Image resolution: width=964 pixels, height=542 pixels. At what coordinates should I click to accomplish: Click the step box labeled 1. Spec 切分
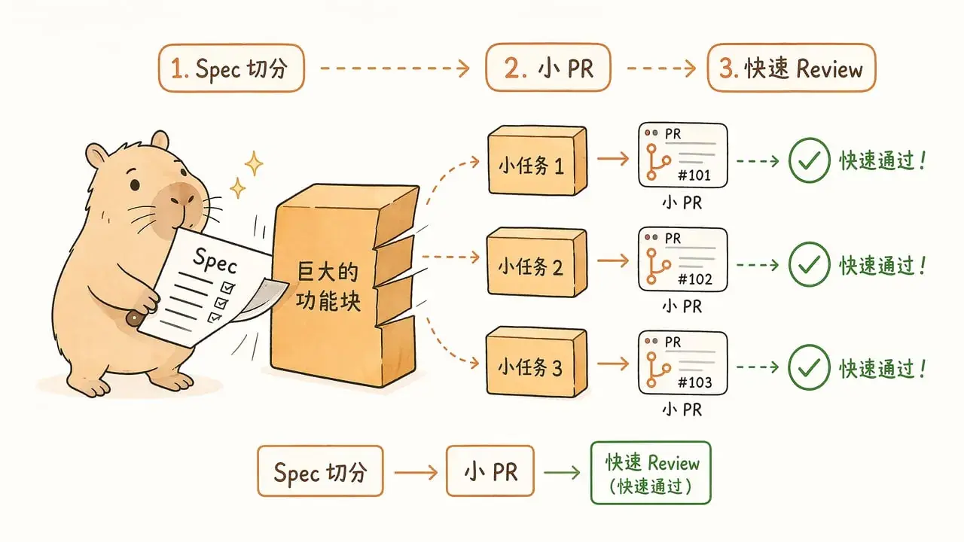tap(231, 68)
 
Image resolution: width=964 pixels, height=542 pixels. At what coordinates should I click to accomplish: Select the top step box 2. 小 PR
tap(548, 68)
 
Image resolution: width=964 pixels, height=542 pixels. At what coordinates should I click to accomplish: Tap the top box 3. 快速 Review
tap(792, 68)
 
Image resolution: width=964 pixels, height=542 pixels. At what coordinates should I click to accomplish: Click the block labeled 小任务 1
tap(537, 160)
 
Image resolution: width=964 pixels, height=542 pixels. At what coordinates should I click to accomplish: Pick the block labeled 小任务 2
tap(537, 263)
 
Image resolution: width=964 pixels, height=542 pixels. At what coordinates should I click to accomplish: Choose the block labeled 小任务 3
tap(537, 362)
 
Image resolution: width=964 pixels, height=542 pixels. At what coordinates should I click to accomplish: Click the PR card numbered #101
tap(683, 155)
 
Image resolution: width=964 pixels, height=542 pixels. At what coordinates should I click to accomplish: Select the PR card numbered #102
tap(683, 260)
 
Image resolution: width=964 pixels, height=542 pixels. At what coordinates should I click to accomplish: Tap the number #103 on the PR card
tap(694, 382)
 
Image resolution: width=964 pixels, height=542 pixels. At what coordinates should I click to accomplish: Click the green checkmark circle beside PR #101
tap(809, 160)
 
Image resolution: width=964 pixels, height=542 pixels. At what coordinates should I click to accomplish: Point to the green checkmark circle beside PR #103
tap(809, 367)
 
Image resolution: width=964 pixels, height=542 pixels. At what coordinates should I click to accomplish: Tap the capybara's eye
tap(135, 185)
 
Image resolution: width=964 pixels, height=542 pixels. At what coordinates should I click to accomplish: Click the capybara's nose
tap(181, 199)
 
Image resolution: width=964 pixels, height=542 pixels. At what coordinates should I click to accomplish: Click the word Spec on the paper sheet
tap(215, 260)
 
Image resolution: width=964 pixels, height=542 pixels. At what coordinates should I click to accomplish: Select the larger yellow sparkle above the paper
tap(254, 163)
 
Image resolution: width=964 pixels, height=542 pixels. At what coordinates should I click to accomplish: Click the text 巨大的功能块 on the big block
tap(328, 287)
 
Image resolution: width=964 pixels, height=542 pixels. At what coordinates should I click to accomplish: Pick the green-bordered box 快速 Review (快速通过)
tap(651, 473)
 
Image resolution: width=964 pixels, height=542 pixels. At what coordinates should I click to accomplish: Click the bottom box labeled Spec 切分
tap(320, 471)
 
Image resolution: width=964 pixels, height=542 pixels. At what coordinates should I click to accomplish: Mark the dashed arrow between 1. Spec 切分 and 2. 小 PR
tap(395, 69)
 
